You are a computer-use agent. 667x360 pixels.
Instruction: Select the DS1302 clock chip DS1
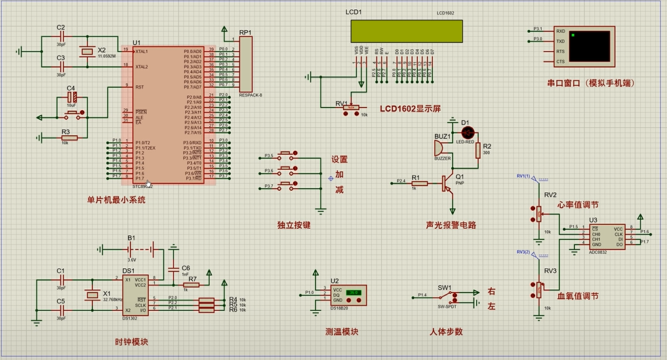coord(134,294)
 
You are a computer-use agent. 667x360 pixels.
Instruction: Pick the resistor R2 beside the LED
coord(478,149)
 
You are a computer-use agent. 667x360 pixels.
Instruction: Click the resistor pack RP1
coord(245,64)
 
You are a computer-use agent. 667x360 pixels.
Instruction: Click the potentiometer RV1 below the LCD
coord(352,106)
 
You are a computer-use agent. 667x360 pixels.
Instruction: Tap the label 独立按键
coord(294,225)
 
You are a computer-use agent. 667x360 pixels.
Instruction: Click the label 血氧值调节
coord(578,296)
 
